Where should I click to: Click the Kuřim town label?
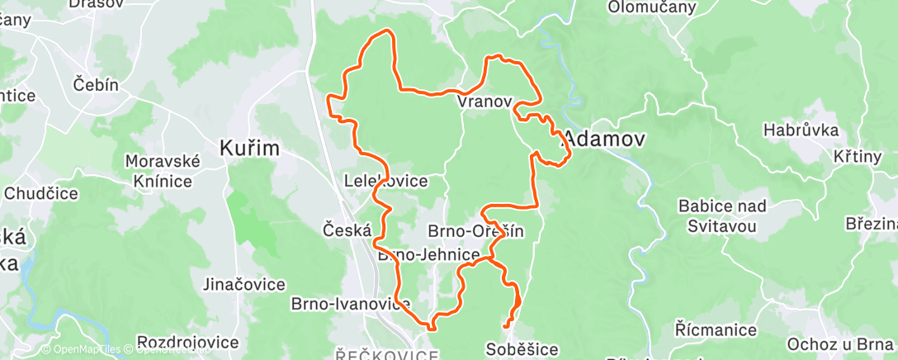click(249, 149)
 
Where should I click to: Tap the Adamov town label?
click(603, 140)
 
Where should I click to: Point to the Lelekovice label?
click(385, 181)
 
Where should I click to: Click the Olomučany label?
click(652, 7)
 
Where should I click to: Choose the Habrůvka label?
click(801, 130)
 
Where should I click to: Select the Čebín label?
click(97, 84)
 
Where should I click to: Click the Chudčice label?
click(40, 194)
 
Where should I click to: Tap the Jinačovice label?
click(244, 285)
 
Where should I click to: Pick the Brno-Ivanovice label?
click(351, 304)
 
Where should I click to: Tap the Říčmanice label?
click(716, 330)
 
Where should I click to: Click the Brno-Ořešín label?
click(476, 231)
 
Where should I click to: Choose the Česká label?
click(347, 230)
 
